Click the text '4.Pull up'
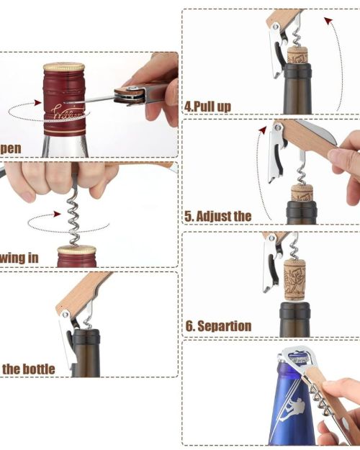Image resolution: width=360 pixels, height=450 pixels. (207, 107)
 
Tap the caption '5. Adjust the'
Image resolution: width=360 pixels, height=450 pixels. (218, 215)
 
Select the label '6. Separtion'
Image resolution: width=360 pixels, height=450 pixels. (218, 326)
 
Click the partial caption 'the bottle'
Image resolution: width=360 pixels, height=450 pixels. (28, 369)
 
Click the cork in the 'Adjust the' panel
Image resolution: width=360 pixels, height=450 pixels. (302, 192)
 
